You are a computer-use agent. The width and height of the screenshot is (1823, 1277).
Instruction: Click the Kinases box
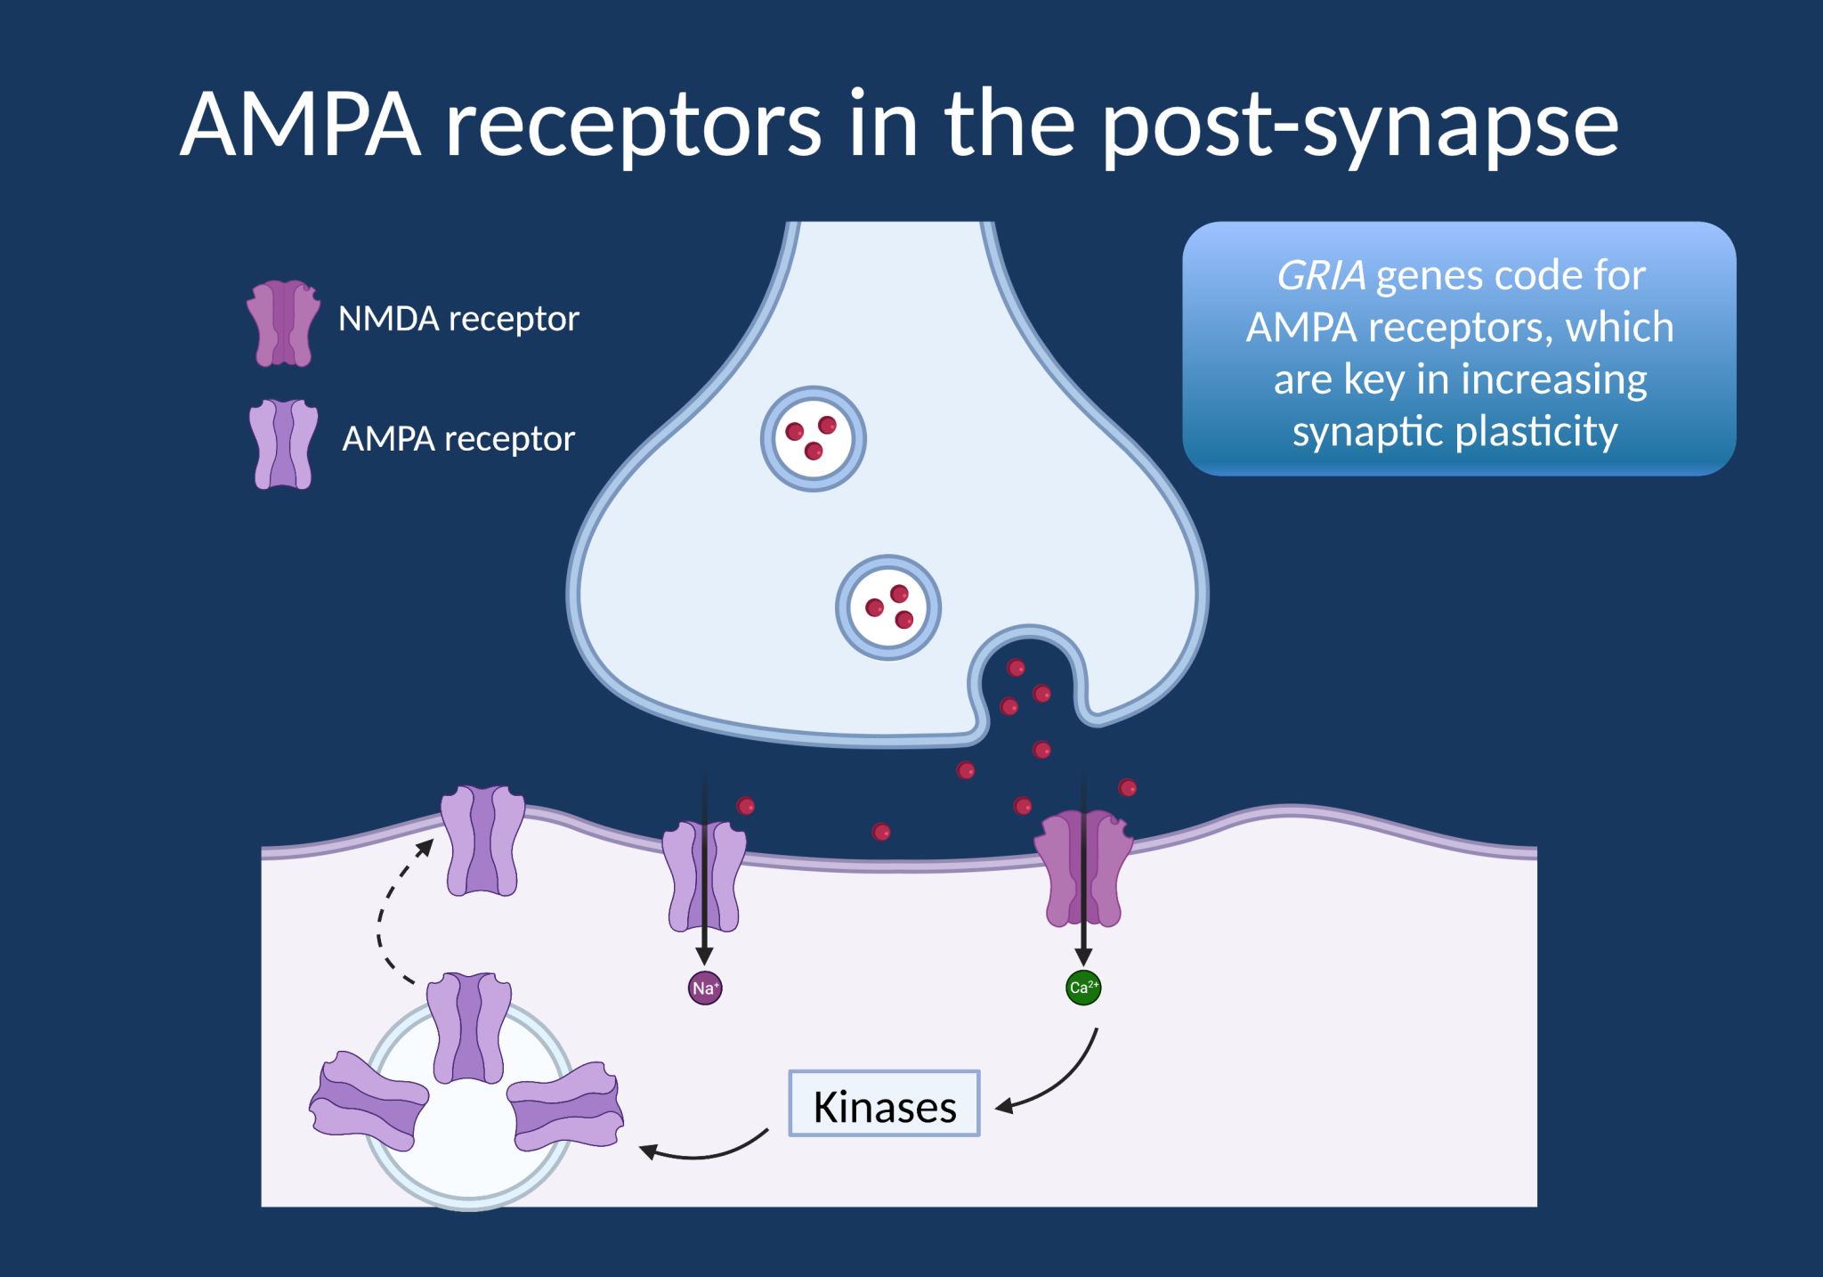[x=884, y=1104]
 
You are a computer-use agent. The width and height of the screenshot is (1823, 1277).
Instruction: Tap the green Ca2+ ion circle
[x=1083, y=988]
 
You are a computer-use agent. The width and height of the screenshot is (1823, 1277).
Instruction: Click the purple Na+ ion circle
[x=704, y=988]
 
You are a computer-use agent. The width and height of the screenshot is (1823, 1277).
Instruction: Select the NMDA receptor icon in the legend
[x=283, y=323]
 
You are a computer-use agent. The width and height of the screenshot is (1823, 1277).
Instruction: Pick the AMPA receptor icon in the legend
[x=283, y=444]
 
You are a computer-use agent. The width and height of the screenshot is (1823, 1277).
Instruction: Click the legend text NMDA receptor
[x=458, y=319]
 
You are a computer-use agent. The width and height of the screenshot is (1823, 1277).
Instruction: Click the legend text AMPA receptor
[x=458, y=439]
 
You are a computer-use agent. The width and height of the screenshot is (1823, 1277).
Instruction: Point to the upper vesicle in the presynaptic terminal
[x=813, y=439]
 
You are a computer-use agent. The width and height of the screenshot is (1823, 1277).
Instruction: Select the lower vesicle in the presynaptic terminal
[x=887, y=608]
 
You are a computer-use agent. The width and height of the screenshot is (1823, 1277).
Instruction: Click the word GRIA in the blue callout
[x=1321, y=276]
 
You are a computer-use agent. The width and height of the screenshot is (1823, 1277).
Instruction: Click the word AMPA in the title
[x=300, y=125]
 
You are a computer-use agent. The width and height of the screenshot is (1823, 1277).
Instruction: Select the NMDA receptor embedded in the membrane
[x=1082, y=868]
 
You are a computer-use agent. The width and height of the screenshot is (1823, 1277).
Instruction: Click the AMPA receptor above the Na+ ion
[x=703, y=876]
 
